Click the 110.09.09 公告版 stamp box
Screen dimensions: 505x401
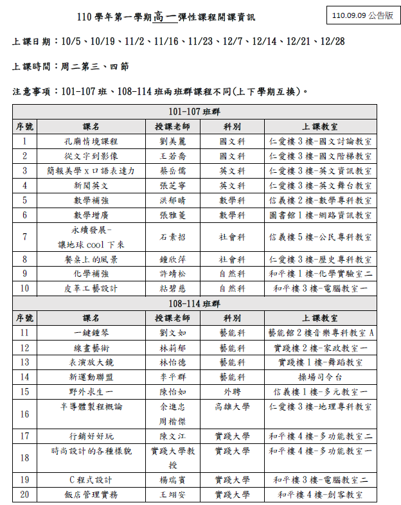click(361, 15)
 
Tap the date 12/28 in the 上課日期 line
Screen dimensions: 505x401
click(332, 41)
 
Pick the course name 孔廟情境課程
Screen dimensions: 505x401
click(95, 141)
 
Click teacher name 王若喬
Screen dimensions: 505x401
click(172, 156)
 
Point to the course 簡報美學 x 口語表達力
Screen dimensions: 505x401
click(95, 171)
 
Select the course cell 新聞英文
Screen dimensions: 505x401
click(95, 186)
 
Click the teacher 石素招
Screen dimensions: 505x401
click(172, 237)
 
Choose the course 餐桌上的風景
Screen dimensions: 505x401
click(95, 260)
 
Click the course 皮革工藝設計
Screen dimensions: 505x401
click(95, 289)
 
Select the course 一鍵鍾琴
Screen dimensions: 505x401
click(95, 333)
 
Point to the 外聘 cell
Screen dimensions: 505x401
click(232, 392)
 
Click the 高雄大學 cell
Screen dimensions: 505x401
click(232, 407)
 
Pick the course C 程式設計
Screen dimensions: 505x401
click(95, 480)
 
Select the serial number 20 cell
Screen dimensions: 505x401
click(24, 495)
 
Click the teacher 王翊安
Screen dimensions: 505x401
click(172, 495)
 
